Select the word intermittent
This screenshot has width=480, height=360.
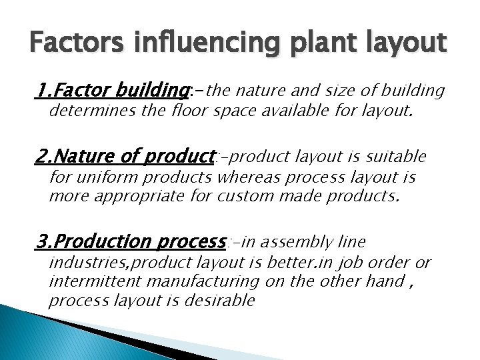point(94,281)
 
